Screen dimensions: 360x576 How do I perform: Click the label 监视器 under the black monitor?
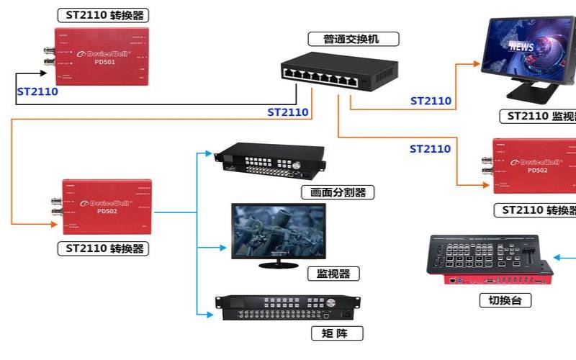click(333, 274)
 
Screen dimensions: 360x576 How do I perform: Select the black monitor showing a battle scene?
click(278, 232)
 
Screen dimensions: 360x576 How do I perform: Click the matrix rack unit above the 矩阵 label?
click(288, 307)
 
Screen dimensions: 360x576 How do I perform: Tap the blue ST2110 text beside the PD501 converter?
click(37, 91)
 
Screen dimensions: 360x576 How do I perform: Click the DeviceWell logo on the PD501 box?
click(101, 53)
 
